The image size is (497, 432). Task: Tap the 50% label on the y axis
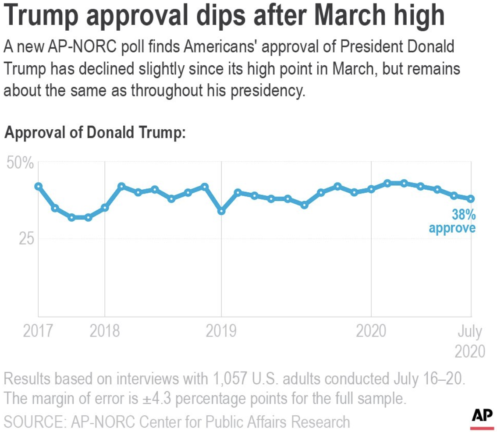pos(20,163)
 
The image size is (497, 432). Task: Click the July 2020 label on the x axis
pos(470,341)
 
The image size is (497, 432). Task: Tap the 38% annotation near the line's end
pos(464,215)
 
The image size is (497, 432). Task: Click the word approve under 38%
pos(452,228)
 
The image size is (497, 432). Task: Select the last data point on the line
pos(471,198)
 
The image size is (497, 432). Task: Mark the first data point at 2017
pos(38,186)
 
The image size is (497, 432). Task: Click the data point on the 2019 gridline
pos(221,211)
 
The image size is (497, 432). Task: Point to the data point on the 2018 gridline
pos(105,208)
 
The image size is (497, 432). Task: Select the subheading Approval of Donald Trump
pos(95,133)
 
